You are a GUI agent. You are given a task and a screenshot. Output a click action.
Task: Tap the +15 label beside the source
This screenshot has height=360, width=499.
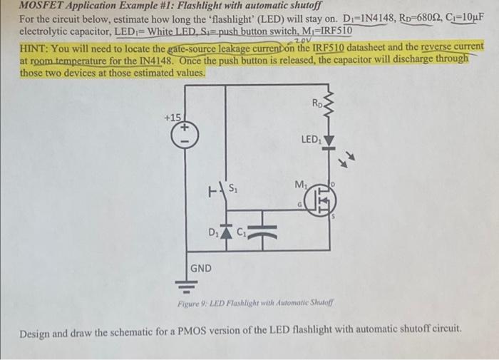173,116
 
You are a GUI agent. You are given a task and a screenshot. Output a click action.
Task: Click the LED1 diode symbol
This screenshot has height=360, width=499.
329,142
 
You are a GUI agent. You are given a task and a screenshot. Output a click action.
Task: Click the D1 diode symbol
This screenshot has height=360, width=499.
227,232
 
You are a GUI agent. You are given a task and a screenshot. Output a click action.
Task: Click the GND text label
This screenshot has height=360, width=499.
200,268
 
